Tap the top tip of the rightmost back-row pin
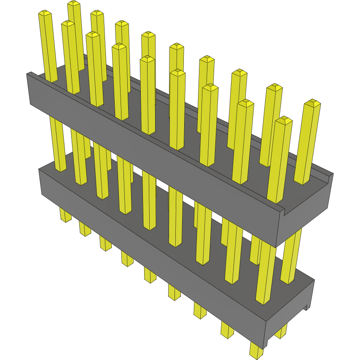pos(312,102)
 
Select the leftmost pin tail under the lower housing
pos(65,215)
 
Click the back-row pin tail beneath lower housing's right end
pos(281,331)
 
